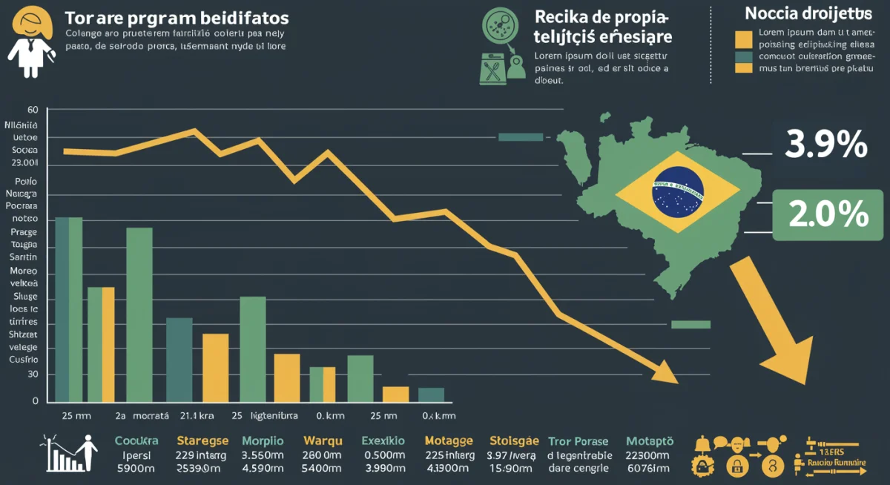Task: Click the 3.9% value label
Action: tap(826, 144)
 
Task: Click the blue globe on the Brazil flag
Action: tap(677, 191)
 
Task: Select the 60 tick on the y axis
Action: tap(32, 110)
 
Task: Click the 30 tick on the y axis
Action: tap(33, 375)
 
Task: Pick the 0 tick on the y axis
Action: tap(35, 401)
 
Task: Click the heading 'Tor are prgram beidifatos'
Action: tap(177, 17)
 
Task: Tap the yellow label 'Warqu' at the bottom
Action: tap(322, 441)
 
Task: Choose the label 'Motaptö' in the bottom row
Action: tap(650, 441)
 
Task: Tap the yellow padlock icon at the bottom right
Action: tap(736, 466)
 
